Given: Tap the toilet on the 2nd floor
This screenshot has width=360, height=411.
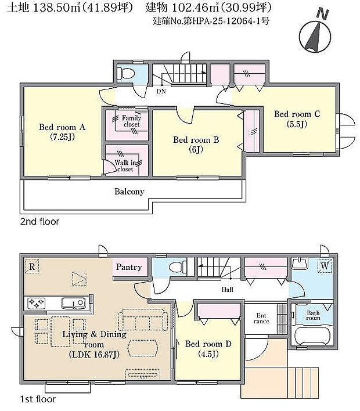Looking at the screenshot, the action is [126, 73].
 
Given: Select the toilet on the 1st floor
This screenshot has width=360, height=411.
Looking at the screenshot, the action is [178, 268].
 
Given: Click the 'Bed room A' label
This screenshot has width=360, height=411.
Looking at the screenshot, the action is [62, 132].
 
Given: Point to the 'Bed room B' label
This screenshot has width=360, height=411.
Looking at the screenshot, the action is [196, 145].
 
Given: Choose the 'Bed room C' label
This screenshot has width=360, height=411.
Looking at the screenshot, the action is [297, 119].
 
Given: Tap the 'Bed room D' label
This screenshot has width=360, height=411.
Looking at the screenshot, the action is [208, 349].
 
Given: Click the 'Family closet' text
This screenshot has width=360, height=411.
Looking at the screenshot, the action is [131, 121].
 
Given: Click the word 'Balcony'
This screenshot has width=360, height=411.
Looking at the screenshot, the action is [129, 192].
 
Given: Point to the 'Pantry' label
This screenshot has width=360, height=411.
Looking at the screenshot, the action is [129, 267].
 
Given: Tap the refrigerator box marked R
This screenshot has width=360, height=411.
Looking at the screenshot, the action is [32, 266].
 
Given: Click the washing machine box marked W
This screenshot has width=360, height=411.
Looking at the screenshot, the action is [325, 266].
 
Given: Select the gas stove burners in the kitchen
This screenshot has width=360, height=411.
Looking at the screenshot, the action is [36, 303].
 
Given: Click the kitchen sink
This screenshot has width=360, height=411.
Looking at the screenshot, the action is [74, 303].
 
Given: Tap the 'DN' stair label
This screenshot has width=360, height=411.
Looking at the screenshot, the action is [161, 91].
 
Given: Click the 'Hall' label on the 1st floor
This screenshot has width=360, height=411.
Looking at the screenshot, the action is [228, 290].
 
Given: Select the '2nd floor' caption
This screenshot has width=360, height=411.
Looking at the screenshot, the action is [39, 222].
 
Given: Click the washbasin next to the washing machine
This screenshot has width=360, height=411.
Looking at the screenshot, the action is [300, 263].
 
